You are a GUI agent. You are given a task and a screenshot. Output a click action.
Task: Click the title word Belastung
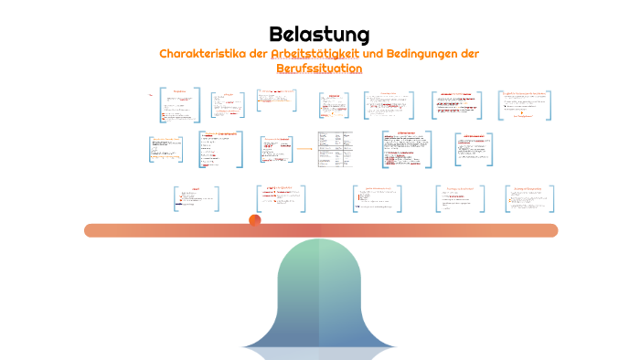pos(319,35)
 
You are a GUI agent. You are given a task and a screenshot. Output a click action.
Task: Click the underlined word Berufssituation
pos(319,69)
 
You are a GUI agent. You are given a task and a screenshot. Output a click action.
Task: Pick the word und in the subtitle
pos(372,54)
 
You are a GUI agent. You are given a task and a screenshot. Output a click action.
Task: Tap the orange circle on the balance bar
pos(255,219)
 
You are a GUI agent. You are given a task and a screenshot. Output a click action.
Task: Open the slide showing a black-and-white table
pos(336,149)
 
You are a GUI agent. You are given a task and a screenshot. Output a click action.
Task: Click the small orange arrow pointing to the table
pos(304,148)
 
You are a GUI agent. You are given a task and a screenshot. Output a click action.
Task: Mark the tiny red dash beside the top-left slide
pos(151,93)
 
